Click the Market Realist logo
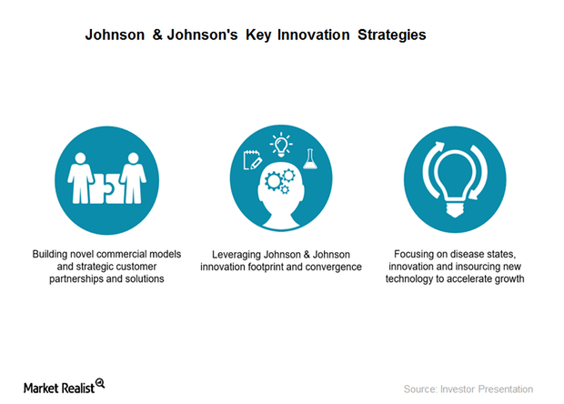pyautogui.click(x=64, y=386)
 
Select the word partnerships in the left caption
pyautogui.click(x=80, y=278)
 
